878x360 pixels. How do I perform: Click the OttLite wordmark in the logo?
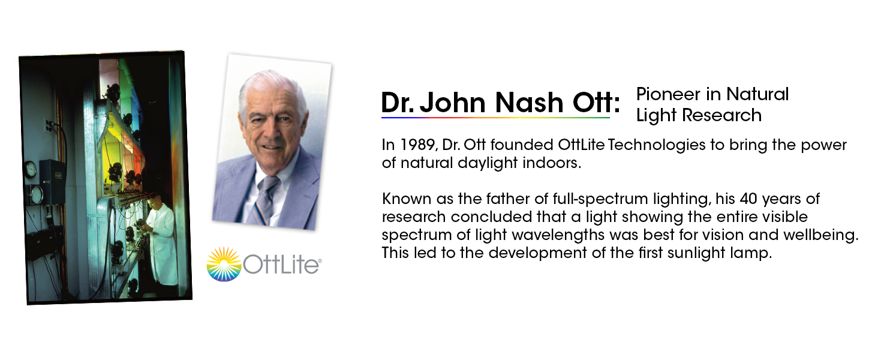coord(282,265)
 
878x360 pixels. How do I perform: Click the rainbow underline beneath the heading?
coord(495,118)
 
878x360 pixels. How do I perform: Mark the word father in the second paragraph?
coord(485,199)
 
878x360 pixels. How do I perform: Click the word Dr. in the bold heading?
coord(397,103)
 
